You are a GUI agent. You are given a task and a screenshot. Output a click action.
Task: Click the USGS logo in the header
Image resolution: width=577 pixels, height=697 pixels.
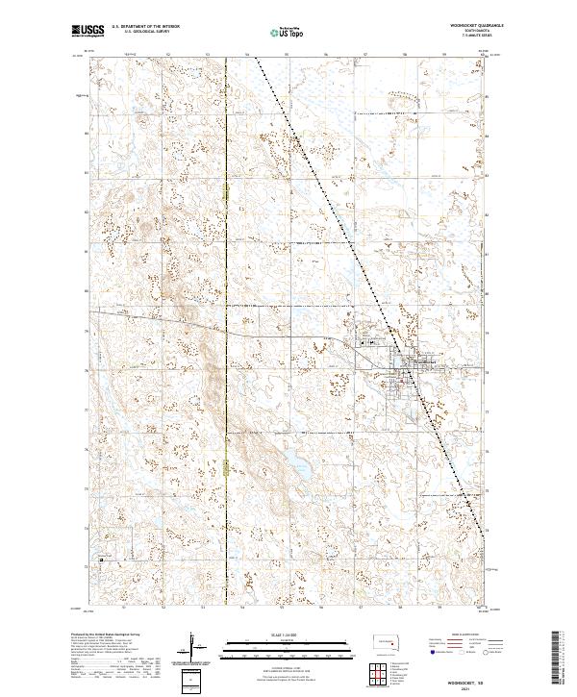[x=88, y=30]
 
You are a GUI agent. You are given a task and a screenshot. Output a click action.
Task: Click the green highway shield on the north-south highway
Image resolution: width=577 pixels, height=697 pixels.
[x=224, y=469]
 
